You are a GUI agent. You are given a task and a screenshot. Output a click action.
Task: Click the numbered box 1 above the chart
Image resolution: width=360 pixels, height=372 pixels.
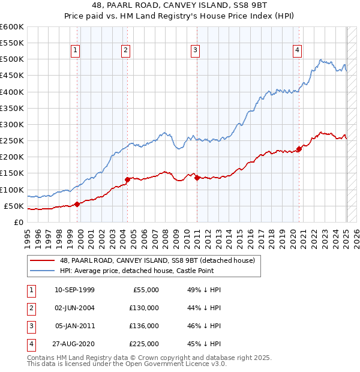tap(76, 51)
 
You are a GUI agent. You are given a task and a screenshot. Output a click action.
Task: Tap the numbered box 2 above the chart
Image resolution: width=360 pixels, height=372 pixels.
tap(125, 51)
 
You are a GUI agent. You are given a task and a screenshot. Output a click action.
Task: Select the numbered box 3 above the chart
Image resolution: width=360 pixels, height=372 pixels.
tap(196, 51)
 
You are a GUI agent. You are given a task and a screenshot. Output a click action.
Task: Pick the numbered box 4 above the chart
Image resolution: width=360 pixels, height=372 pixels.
tap(298, 51)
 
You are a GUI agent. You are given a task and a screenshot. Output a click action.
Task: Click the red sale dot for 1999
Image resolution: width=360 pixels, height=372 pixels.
tap(77, 204)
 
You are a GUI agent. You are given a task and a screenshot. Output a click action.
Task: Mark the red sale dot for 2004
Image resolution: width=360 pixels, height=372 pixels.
tap(127, 179)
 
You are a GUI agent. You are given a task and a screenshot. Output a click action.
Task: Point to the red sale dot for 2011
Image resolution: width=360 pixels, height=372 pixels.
tap(197, 178)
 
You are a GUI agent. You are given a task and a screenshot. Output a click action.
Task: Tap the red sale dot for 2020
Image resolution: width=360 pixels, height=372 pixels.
tap(299, 149)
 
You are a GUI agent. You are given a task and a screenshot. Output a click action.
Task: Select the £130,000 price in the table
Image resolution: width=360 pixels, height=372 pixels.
tap(144, 308)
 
